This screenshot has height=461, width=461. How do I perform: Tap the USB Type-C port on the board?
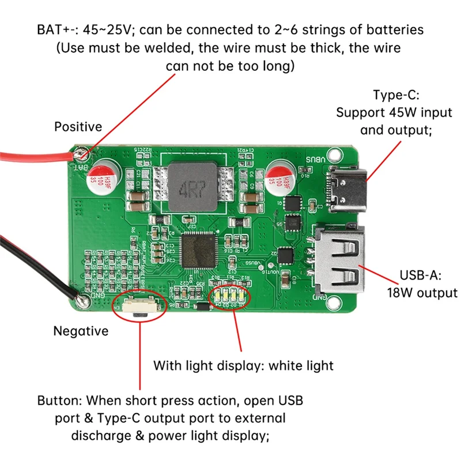coord(347,189)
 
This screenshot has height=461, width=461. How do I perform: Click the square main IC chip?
coord(198,250)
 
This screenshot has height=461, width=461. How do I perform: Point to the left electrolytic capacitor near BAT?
coord(107,175)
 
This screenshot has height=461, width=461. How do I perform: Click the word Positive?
coord(78,126)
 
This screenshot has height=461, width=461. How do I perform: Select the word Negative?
coord(81,331)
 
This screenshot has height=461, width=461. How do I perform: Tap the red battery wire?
coord(35,157)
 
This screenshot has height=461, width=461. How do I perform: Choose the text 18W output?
coord(421,293)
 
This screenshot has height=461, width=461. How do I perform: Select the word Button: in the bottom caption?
coord(59,399)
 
